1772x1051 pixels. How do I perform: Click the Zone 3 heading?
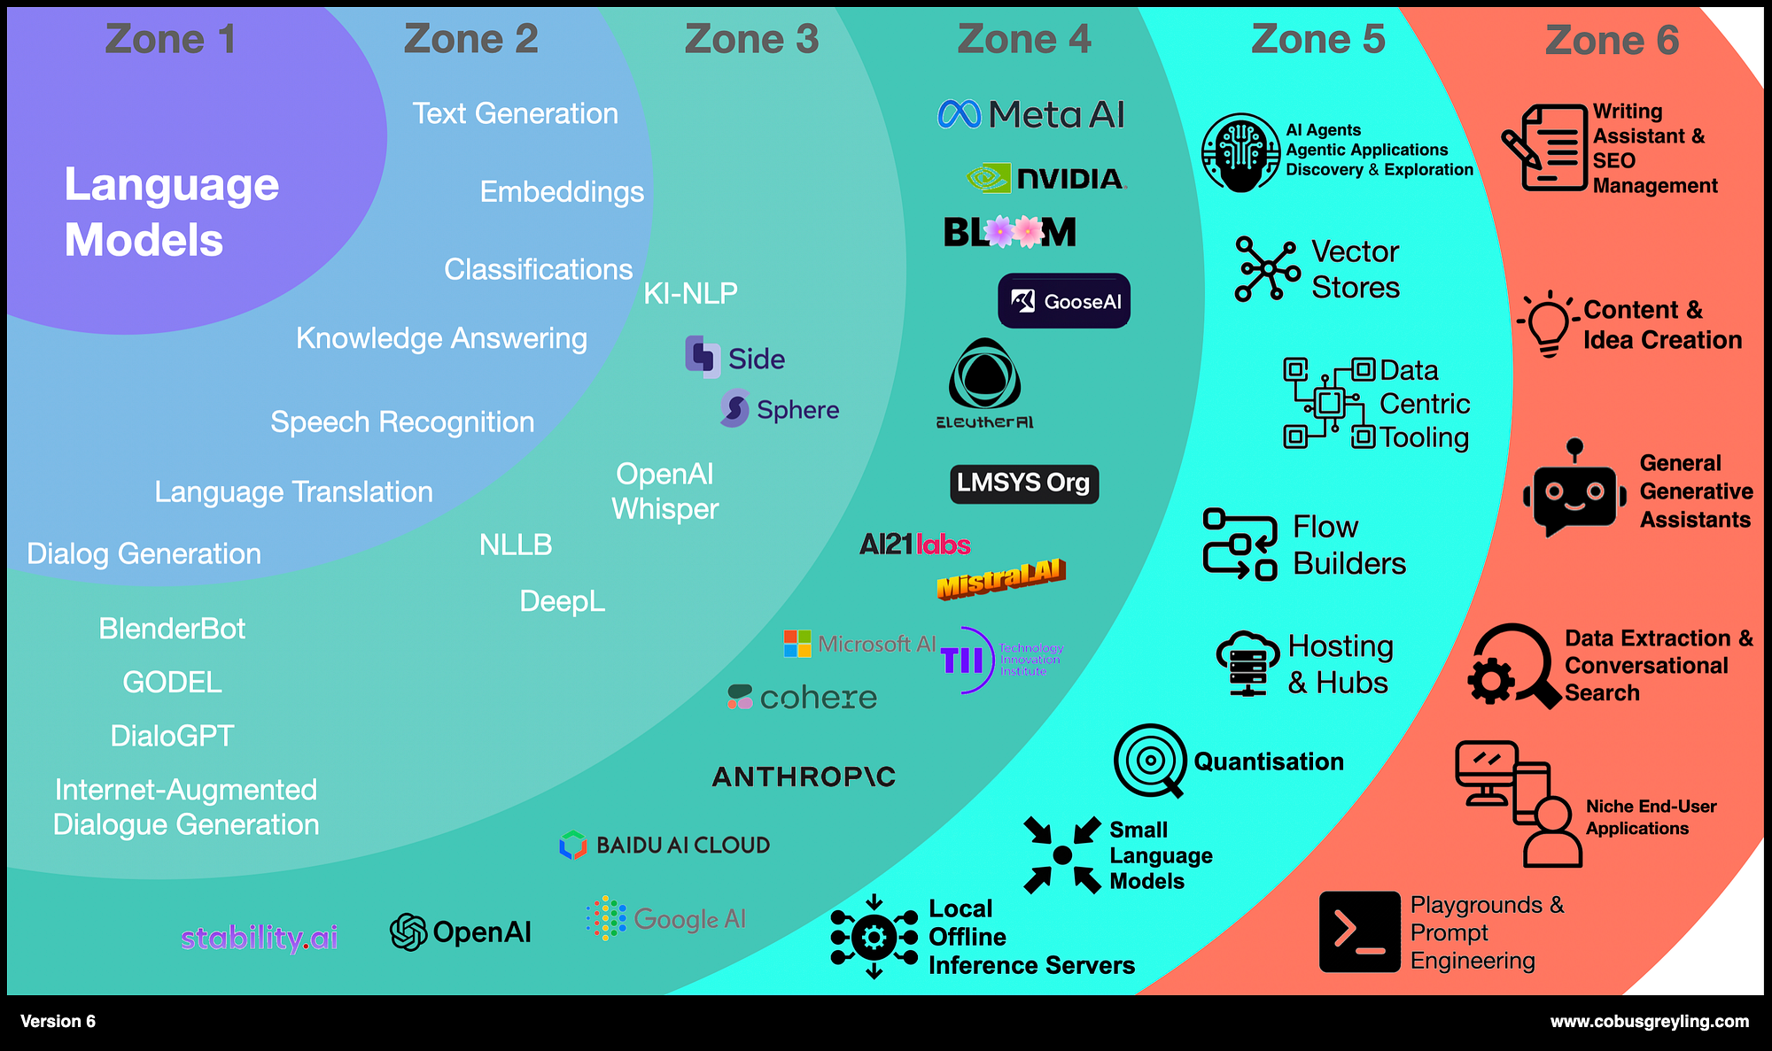(x=751, y=39)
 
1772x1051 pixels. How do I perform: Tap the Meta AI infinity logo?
(x=960, y=114)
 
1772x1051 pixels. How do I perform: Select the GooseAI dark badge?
(x=1064, y=301)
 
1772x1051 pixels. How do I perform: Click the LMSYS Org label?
(x=1023, y=483)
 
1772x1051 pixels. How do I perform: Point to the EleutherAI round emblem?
(x=984, y=375)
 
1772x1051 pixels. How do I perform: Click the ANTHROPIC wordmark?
(x=804, y=777)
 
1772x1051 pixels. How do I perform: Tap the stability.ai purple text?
(x=259, y=937)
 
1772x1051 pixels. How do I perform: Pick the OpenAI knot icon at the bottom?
(x=408, y=931)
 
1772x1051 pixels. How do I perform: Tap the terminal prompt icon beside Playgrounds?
(x=1359, y=931)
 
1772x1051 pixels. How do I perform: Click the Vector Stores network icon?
(x=1268, y=268)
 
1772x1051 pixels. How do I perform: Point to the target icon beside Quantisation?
(x=1150, y=760)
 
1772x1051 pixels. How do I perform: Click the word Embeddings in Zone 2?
(x=562, y=192)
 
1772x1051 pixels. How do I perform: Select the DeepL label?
(x=562, y=601)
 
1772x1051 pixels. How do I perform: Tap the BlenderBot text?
(x=172, y=629)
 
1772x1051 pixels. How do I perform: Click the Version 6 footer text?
(x=58, y=1021)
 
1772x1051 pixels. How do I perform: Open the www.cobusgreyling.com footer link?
(x=1649, y=1021)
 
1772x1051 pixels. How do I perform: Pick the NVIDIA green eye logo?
(x=988, y=178)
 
